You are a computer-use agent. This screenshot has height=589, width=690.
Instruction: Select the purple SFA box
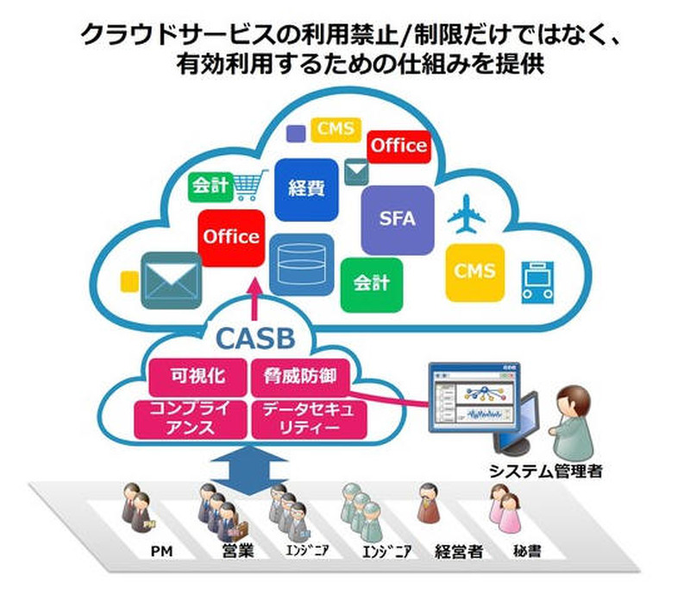397,219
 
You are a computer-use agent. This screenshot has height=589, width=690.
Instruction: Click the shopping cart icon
248,184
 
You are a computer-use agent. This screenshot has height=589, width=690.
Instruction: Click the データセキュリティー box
308,417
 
